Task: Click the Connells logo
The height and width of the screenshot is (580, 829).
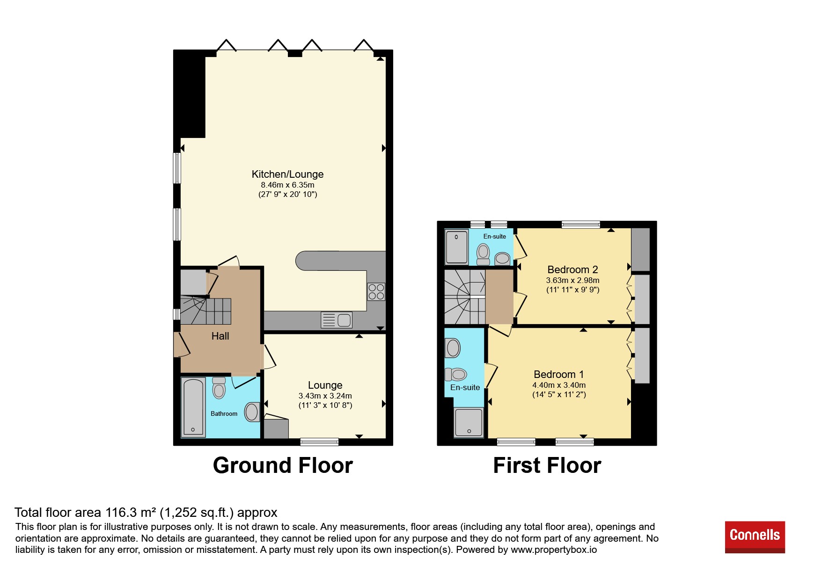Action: [x=755, y=537]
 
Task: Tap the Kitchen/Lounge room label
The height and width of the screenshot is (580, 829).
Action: [x=287, y=174]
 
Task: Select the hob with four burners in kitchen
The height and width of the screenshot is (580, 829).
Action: [x=376, y=292]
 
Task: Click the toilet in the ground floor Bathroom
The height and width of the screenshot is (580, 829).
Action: [x=219, y=388]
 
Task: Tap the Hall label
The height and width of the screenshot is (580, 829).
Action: [x=220, y=336]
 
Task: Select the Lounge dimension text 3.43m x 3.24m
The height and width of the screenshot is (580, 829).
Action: [x=325, y=396]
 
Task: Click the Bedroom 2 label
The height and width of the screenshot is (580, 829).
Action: [x=572, y=270]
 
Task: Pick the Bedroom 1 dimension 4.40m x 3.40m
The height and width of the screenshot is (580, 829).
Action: [x=559, y=385]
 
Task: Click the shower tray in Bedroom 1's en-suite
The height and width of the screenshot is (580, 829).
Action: [x=469, y=423]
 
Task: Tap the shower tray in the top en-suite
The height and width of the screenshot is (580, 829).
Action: [x=456, y=246]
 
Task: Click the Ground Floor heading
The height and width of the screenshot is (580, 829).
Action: [x=283, y=465]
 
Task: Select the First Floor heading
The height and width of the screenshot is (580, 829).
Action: [x=547, y=465]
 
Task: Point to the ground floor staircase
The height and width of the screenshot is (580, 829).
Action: [x=205, y=311]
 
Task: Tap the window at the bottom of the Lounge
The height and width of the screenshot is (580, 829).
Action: [x=319, y=442]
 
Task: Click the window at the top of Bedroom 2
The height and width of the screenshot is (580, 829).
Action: [x=580, y=225]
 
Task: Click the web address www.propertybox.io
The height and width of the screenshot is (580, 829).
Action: [x=554, y=550]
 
